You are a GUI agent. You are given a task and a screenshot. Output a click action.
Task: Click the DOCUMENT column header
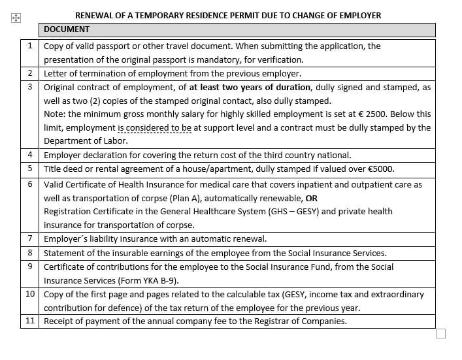tap(67, 29)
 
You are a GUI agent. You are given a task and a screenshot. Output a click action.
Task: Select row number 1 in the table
tap(30, 46)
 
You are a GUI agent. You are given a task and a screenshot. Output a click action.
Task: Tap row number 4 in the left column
tap(30, 155)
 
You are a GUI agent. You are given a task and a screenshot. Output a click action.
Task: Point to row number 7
tap(30, 239)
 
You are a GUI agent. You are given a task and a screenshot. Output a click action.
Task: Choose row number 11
tap(30, 321)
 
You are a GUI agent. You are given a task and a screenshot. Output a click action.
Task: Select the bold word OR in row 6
tap(312, 198)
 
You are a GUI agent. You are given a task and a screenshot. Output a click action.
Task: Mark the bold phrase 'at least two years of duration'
tap(250, 87)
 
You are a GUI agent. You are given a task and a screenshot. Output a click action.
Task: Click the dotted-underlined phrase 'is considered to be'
tap(155, 127)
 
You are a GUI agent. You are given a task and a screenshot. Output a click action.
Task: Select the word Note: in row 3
tap(54, 114)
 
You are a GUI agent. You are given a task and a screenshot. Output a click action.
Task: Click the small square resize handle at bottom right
tap(440, 334)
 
